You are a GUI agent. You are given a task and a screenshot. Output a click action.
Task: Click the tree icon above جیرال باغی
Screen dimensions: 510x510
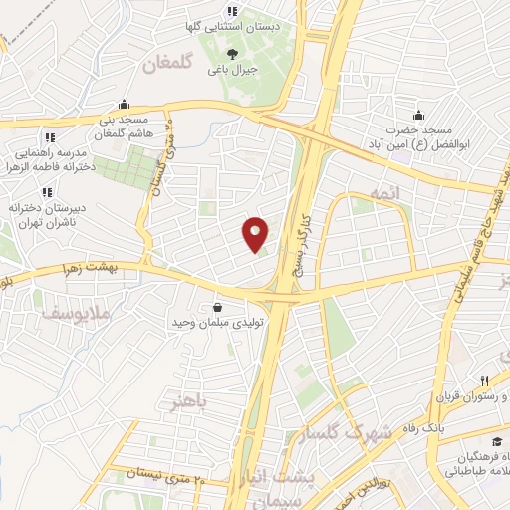click(x=232, y=54)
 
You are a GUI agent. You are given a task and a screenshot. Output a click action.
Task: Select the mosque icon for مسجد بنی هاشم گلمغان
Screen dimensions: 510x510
click(x=123, y=103)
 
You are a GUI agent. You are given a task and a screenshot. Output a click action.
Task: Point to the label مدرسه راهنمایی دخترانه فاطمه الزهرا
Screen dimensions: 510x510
click(x=54, y=160)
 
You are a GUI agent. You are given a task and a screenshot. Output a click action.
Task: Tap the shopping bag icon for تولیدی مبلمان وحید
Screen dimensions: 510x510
click(x=218, y=307)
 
